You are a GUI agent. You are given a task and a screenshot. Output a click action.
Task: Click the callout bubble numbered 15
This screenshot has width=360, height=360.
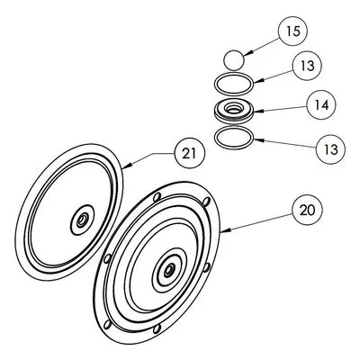coord(293,31)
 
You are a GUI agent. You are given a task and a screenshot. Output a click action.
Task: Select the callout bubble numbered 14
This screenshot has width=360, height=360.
coord(321,105)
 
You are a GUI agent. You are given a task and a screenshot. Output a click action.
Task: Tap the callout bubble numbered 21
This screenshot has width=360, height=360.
coord(190,153)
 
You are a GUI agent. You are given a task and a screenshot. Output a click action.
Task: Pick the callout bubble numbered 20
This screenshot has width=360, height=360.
coord(308,210)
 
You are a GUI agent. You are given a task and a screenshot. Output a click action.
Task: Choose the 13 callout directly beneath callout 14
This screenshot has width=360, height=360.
coord(331,149)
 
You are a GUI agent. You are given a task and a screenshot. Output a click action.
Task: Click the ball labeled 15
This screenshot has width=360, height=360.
coord(234,60)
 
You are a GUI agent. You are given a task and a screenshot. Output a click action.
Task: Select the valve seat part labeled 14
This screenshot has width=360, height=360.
coord(234,111)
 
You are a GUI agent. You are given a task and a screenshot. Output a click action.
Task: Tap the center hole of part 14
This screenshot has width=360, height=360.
coord(233,109)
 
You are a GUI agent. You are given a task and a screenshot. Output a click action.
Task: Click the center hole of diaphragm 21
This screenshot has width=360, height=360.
coord(81,221)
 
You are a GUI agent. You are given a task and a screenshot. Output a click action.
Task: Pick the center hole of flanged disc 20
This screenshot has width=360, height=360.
coord(168,270)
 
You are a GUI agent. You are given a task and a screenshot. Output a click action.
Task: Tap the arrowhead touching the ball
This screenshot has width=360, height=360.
coord(247,54)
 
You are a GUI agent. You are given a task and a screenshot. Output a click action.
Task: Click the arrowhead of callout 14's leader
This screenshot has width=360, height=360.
coord(257,111)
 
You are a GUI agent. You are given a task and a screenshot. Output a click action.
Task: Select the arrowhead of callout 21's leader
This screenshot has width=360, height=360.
coord(126,166)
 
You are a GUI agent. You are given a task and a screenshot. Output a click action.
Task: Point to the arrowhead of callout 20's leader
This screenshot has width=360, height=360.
coord(225,230)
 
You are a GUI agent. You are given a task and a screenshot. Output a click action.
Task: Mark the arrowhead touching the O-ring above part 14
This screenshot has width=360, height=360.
coord(257,80)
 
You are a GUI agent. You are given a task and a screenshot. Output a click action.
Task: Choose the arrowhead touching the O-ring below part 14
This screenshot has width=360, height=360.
coord(257,139)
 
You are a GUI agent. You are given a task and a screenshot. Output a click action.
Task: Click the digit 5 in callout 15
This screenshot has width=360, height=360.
coord(297,31)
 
